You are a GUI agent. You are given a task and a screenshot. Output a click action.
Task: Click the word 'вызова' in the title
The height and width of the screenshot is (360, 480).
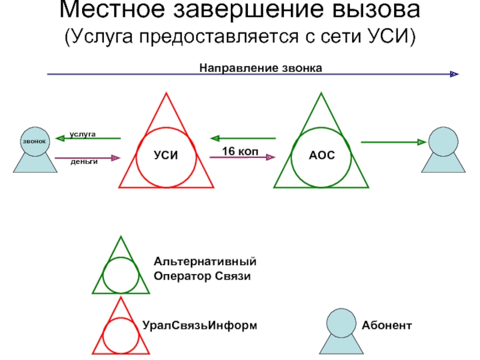(x=361, y=11)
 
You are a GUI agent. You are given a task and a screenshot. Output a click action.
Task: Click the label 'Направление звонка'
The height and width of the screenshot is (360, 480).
(x=261, y=68)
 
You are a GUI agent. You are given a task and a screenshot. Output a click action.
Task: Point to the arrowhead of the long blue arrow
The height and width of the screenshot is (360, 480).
(x=454, y=74)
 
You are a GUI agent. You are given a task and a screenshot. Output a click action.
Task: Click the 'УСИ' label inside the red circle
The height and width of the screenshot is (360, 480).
(x=166, y=155)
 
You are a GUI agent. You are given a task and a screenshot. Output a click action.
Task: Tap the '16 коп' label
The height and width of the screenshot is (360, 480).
(x=240, y=151)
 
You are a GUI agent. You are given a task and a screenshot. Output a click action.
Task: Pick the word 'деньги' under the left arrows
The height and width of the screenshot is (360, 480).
(x=84, y=162)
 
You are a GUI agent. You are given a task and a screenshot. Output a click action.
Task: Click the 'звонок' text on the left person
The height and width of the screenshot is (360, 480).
(x=34, y=140)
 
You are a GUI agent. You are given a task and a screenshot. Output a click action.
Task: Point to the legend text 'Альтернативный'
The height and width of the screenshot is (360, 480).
(x=205, y=263)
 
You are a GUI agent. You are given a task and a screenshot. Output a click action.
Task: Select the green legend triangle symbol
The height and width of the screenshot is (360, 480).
(x=121, y=270)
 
